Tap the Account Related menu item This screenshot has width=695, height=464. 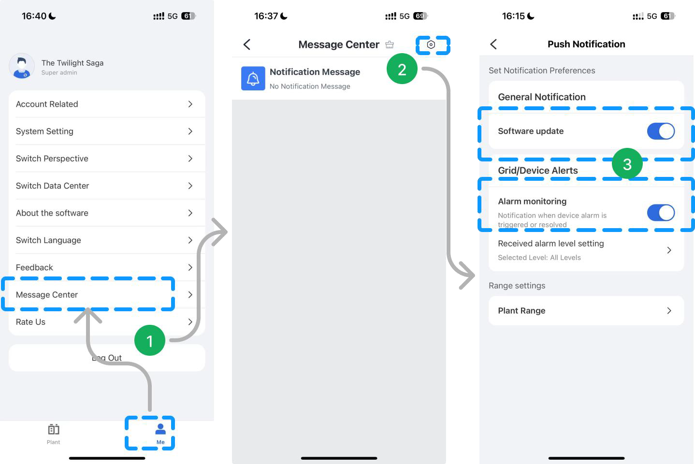click(47, 104)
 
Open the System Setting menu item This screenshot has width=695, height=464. click(44, 131)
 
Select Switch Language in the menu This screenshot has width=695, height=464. click(48, 240)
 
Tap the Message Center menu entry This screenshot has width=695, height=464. click(47, 295)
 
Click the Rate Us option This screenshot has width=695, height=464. click(30, 322)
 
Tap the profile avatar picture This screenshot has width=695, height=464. click(22, 66)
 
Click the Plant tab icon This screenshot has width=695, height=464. click(54, 429)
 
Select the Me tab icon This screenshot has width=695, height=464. click(160, 429)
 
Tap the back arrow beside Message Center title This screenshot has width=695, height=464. click(247, 44)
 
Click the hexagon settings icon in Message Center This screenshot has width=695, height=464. click(431, 45)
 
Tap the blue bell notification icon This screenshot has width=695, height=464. click(253, 78)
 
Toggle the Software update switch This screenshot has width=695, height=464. click(661, 131)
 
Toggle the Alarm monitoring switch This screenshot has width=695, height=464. click(661, 213)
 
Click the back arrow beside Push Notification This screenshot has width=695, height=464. click(493, 44)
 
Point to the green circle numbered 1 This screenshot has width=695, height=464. click(150, 340)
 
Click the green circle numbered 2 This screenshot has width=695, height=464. click(402, 69)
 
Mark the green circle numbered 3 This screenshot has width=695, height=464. click(627, 163)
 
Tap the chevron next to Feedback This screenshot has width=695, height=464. click(190, 267)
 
